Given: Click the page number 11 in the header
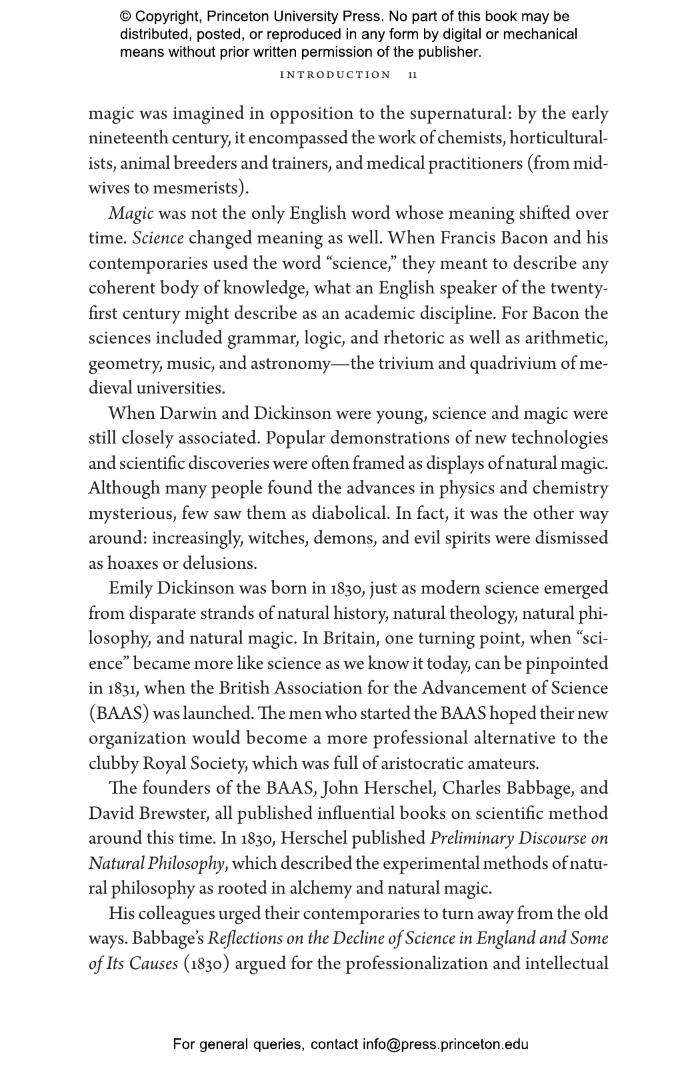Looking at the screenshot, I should coord(413,75).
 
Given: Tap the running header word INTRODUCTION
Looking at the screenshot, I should coord(335,75).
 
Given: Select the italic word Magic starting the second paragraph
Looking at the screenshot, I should coord(131,214).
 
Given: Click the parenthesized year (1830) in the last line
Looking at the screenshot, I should coord(207,964).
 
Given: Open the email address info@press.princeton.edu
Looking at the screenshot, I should coord(445,1044).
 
